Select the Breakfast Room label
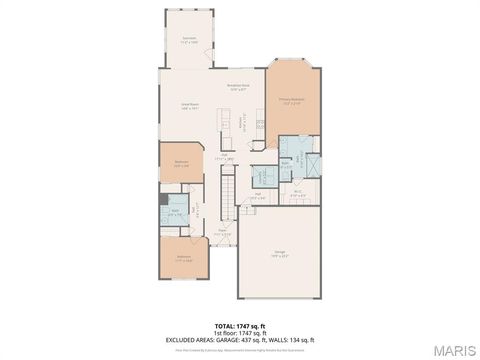tap(238, 88)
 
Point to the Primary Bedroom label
tap(291, 101)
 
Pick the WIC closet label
tap(298, 194)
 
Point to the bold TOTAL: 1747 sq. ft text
tap(239, 325)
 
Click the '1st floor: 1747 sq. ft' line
tap(239, 332)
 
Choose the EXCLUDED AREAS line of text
tap(239, 339)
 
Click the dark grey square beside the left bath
tap(164, 199)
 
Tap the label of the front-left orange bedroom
tap(185, 258)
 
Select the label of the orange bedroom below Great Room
tap(181, 163)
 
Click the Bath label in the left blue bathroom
tap(175, 212)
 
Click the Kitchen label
tap(228, 124)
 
